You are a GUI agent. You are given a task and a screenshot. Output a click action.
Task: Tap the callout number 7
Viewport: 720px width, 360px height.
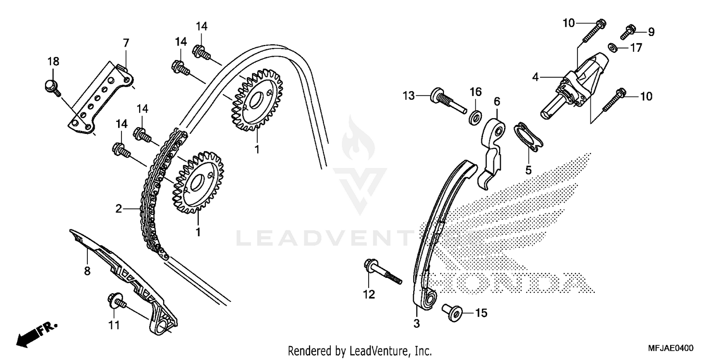pos(126,43)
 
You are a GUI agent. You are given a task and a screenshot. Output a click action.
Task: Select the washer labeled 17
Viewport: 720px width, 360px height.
pos(612,48)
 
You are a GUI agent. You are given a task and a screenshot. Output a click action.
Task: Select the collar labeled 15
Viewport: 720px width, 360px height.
pos(453,313)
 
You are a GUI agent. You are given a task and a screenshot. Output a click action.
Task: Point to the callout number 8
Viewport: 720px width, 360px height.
pos(87,271)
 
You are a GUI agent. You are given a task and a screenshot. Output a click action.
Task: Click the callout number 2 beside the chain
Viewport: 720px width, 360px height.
pos(118,209)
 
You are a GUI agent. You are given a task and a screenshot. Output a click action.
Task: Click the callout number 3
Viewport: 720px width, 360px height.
pos(416,324)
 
